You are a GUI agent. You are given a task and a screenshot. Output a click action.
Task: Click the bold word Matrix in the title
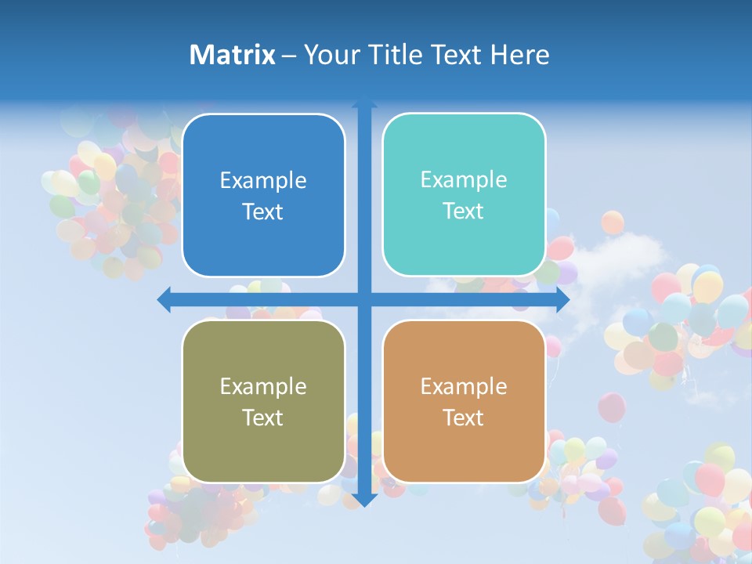(233, 55)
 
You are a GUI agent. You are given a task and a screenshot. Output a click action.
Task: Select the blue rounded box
(263, 195)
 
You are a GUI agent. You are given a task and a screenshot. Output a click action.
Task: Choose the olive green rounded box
(263, 401)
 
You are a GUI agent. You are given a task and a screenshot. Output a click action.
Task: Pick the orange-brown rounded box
(464, 401)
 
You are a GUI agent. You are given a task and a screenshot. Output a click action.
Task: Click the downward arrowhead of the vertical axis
(364, 500)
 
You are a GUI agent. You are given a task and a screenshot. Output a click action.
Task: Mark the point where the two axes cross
(364, 299)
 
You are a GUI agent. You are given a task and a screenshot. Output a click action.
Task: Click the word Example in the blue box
(263, 181)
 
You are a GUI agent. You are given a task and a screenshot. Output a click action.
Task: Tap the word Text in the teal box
(464, 211)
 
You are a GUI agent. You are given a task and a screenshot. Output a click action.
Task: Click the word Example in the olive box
(263, 387)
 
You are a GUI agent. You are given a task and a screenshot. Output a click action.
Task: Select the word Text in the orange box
(464, 418)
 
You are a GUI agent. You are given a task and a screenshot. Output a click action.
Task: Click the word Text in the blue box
(263, 211)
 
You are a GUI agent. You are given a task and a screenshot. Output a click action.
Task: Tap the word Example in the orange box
(464, 387)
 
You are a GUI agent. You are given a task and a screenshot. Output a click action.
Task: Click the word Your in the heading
(328, 55)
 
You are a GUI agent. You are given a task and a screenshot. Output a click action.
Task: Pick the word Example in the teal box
(464, 180)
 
